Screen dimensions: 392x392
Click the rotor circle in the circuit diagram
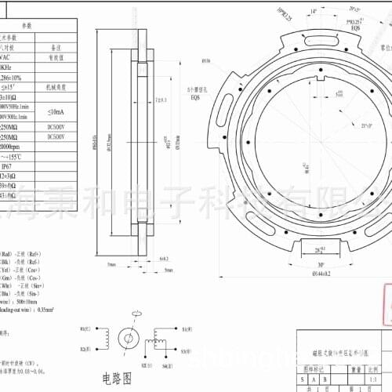point(126,338)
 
